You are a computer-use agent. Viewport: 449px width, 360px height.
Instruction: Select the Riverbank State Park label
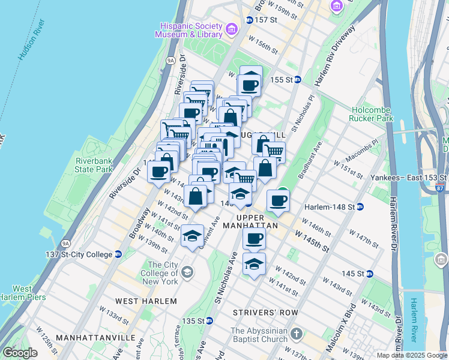[x=94, y=165]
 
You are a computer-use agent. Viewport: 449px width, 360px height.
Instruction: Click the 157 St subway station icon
[x=250, y=20]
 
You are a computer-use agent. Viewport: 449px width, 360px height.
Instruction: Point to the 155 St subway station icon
[x=297, y=79]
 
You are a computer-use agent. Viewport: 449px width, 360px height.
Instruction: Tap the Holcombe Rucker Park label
[x=371, y=114]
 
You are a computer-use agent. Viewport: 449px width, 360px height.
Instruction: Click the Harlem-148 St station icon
[x=360, y=207]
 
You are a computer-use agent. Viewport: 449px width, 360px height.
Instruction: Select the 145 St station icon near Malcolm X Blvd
[x=370, y=274]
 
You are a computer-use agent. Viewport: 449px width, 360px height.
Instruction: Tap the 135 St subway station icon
[x=218, y=321]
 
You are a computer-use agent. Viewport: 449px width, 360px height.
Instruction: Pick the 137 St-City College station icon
[x=118, y=254]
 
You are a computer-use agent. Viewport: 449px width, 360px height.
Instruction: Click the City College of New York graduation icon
[x=187, y=273]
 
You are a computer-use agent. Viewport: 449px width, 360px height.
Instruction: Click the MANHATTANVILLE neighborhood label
[x=95, y=338]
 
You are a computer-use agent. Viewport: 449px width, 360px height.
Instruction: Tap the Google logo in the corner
[x=20, y=353]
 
